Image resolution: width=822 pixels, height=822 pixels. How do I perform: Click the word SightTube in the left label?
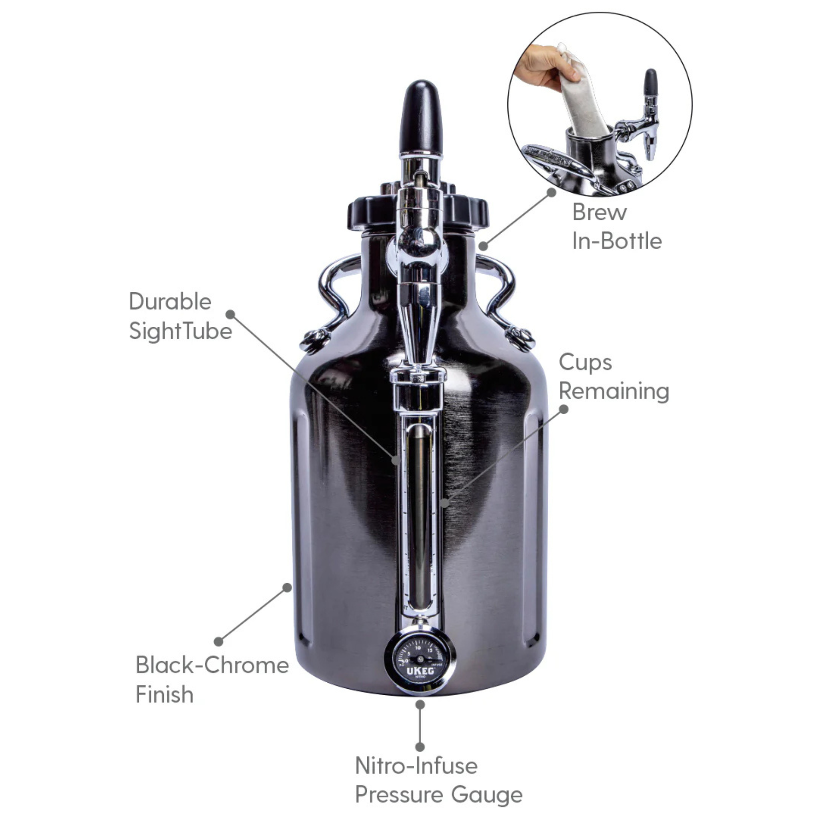click(180, 332)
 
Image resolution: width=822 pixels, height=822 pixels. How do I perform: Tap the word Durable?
click(170, 302)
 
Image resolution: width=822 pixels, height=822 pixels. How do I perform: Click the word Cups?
click(585, 363)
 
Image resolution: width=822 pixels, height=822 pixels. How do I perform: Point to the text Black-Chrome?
click(212, 665)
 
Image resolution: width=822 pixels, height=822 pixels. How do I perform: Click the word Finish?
click(164, 695)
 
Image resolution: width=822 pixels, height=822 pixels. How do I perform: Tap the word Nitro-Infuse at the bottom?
click(416, 766)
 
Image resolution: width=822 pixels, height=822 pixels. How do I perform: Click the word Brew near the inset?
click(599, 212)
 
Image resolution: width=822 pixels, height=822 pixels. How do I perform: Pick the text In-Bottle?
click(616, 241)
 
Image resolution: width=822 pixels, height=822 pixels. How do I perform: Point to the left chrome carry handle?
click(332, 289)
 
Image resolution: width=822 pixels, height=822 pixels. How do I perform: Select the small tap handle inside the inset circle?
click(651, 83)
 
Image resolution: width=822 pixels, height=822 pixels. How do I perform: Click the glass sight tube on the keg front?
click(419, 515)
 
